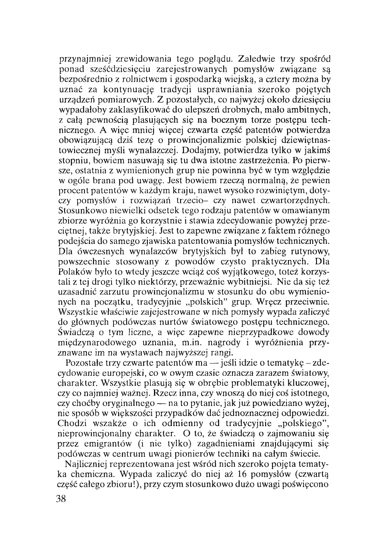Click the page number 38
tap(62, 499)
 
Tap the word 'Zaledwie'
tap(256, 60)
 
